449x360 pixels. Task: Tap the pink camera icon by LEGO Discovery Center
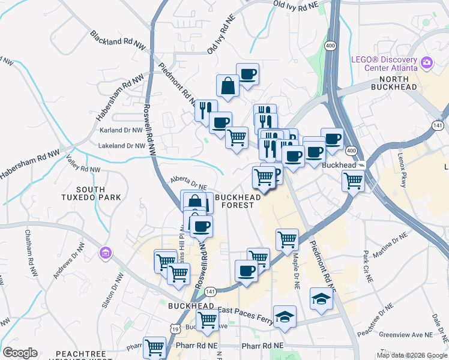click(427, 61)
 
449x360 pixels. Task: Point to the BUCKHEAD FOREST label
click(238, 200)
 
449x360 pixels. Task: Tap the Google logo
click(20, 353)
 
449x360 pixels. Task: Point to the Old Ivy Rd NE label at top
click(295, 5)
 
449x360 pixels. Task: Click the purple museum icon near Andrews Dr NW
click(106, 254)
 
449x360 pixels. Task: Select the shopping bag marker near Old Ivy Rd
click(228, 85)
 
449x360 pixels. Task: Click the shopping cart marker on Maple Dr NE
click(288, 239)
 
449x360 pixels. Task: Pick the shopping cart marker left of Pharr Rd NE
click(155, 347)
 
